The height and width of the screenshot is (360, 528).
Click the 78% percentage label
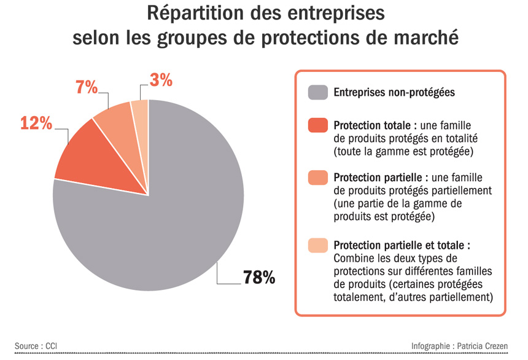click(258, 277)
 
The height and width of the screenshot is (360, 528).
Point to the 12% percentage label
click(36, 123)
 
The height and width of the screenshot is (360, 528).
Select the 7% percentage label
click(87, 87)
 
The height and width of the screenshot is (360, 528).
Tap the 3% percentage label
click(161, 79)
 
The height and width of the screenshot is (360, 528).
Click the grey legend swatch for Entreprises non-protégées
click(317, 93)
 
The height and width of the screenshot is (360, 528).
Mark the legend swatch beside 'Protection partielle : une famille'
click(317, 178)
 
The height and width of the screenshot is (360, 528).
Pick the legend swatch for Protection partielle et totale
click(317, 245)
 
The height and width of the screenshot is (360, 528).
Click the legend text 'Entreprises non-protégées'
click(394, 93)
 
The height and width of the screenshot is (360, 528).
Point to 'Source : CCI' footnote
click(36, 346)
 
